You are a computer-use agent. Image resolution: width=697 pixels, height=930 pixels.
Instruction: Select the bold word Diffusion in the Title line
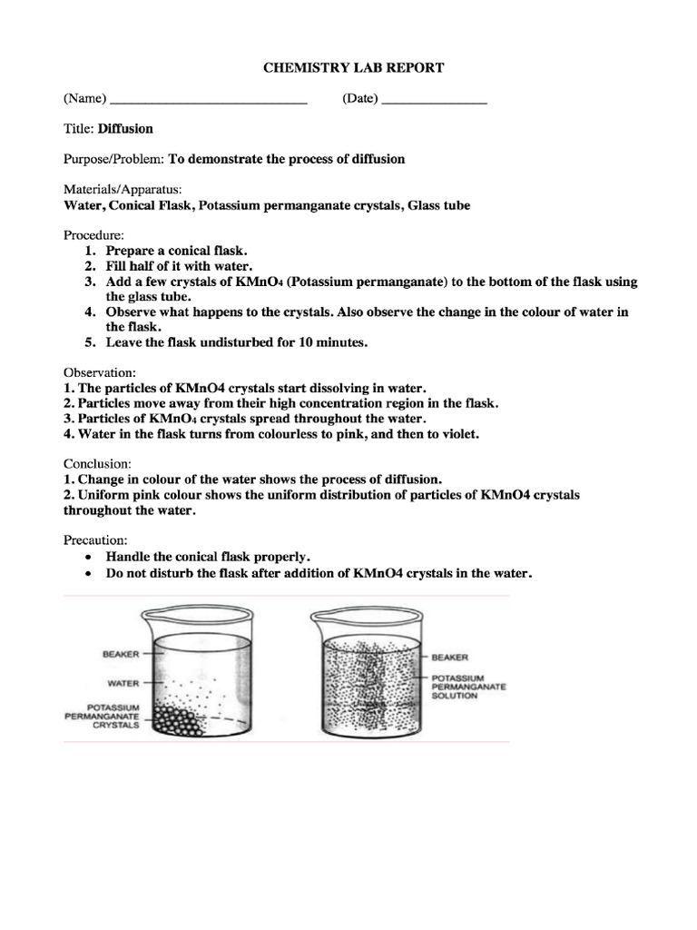(x=125, y=129)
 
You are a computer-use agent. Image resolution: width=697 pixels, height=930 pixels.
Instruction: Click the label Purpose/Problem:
(x=113, y=159)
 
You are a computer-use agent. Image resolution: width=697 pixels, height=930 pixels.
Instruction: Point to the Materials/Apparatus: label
(x=123, y=190)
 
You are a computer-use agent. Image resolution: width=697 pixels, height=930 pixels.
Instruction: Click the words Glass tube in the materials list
(x=439, y=205)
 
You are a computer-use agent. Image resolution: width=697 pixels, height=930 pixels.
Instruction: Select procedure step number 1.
(x=90, y=250)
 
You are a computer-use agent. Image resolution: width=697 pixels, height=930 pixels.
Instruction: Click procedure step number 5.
(x=90, y=342)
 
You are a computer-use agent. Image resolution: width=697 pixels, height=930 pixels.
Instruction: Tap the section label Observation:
(x=100, y=372)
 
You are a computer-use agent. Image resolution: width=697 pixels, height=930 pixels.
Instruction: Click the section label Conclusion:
(x=97, y=464)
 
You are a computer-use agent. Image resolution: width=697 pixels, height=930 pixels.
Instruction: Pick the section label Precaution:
(x=96, y=539)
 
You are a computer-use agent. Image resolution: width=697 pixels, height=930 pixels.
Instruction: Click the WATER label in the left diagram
(x=123, y=683)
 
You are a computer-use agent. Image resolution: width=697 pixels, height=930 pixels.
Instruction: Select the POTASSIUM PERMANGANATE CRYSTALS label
(x=101, y=716)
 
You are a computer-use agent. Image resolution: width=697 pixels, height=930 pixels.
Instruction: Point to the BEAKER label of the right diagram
(x=450, y=657)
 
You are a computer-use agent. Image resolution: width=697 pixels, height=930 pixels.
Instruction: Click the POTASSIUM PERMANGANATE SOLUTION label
(x=468, y=687)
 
